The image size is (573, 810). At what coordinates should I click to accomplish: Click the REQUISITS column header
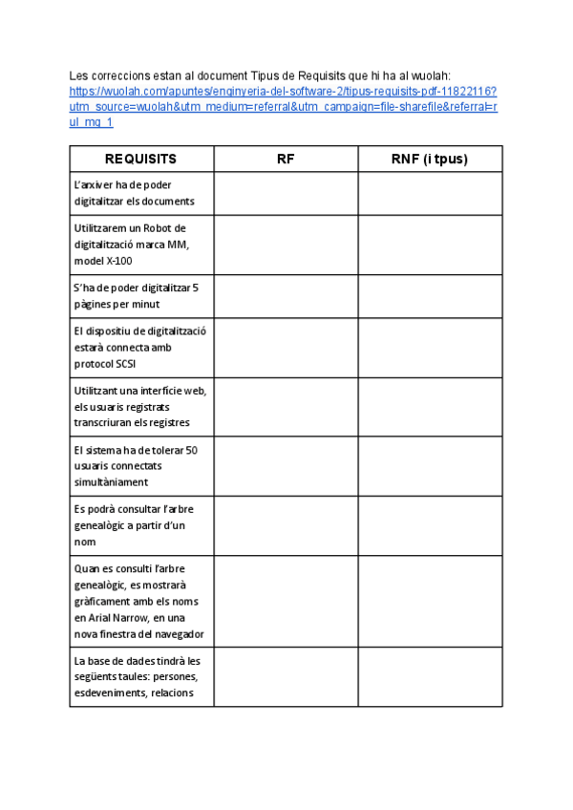tap(140, 160)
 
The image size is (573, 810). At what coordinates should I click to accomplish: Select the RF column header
tap(286, 160)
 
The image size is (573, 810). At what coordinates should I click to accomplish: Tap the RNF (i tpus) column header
tap(430, 160)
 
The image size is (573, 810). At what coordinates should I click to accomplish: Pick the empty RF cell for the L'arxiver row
tap(286, 194)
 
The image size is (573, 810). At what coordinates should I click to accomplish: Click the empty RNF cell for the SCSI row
tap(430, 348)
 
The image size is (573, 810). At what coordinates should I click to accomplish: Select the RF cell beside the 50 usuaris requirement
tap(286, 466)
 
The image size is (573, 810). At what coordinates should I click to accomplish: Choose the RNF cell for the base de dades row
tap(430, 677)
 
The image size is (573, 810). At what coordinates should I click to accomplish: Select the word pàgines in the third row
tap(94, 304)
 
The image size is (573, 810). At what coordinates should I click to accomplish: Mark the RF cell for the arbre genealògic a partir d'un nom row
tap(286, 525)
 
